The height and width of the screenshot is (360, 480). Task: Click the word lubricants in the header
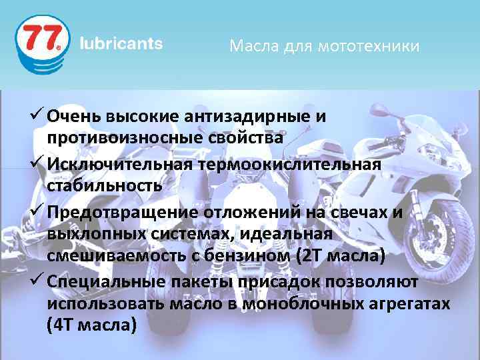click(121, 44)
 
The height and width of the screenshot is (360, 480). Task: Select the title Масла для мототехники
click(324, 46)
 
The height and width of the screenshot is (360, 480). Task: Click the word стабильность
click(105, 185)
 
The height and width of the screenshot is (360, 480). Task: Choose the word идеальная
click(293, 233)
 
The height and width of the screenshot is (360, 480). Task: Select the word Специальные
click(100, 281)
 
